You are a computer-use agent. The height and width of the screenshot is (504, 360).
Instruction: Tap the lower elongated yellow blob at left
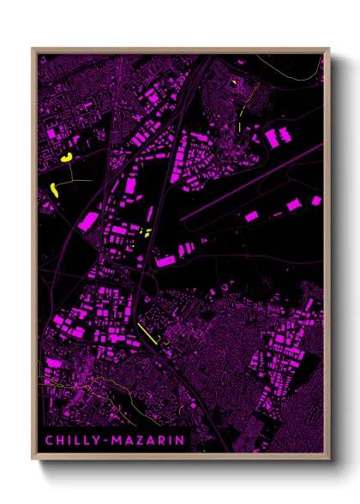point(54,189)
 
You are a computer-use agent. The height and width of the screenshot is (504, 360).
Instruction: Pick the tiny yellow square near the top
point(232,82)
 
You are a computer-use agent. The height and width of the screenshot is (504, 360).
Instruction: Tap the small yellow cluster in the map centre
point(144,232)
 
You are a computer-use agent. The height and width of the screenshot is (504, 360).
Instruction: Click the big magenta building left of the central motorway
point(89,221)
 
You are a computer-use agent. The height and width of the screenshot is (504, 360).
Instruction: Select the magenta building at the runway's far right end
point(316,201)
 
